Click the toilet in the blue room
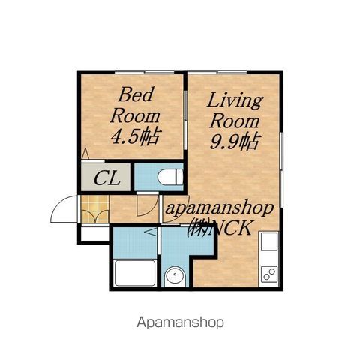pos(170,177)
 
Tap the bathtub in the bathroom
pos(135,273)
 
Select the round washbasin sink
pos(175,277)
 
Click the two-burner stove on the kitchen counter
pos(269,274)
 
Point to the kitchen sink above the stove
pos(269,241)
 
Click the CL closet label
pos(107,178)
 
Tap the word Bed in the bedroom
pos(135,94)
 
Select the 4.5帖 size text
pos(135,136)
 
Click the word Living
pos(235,100)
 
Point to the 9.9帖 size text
pos(235,142)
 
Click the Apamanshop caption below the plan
pos(180,322)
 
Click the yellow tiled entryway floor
pos(94,209)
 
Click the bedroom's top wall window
pos(145,72)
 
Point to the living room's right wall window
pos(281,170)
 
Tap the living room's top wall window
pos(217,72)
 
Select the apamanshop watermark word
pos(220,208)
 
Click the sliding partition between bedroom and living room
pos(185,120)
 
